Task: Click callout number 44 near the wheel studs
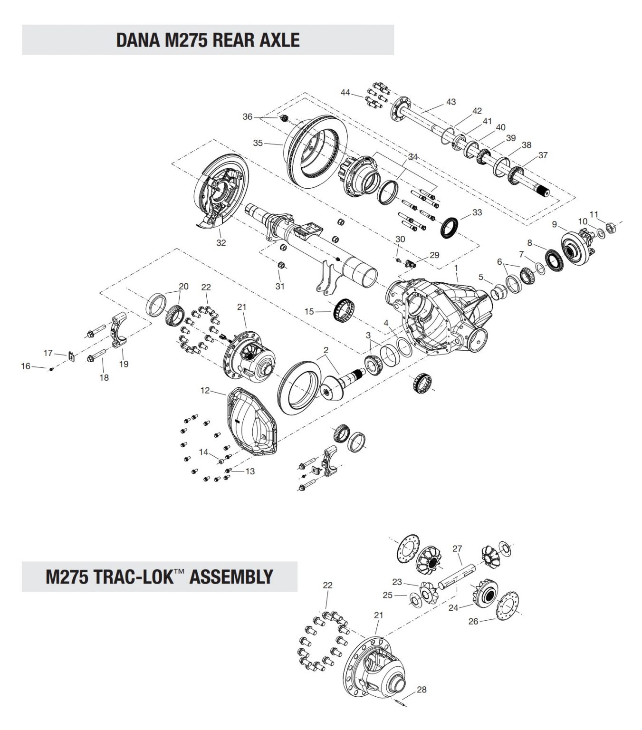click(345, 92)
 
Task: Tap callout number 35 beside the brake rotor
click(258, 143)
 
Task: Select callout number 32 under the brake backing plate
click(221, 243)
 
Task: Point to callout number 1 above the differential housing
click(456, 268)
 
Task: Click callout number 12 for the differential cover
click(205, 391)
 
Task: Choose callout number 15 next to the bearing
click(309, 312)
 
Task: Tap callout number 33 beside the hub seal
click(477, 212)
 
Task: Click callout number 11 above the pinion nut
click(594, 214)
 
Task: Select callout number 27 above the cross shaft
click(457, 548)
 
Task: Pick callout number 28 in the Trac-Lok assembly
click(422, 690)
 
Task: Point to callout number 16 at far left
click(25, 366)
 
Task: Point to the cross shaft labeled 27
click(454, 575)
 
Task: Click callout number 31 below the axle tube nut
click(280, 286)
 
